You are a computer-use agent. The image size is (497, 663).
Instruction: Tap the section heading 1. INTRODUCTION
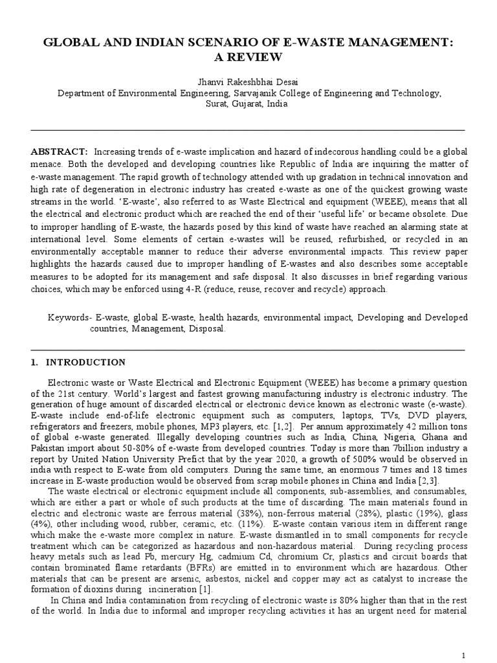coord(78,362)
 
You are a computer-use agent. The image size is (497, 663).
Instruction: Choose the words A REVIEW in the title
coord(248,58)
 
